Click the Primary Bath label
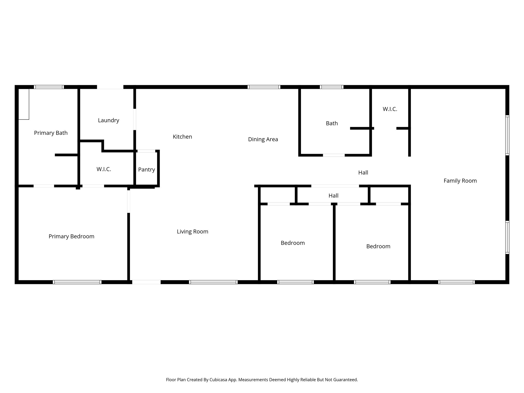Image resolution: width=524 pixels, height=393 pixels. [x=51, y=133]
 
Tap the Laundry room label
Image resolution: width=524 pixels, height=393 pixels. [x=108, y=120]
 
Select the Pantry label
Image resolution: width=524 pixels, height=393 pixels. [x=146, y=169]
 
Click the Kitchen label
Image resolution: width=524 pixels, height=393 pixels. [x=182, y=137]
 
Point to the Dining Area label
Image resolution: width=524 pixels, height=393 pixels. [x=263, y=139]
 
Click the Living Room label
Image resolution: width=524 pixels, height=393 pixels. [x=192, y=232]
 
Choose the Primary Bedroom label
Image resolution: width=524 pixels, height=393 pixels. [x=71, y=236]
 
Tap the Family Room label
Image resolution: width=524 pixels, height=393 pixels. [x=460, y=181]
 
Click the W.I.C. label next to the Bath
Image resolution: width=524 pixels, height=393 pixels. [x=390, y=109]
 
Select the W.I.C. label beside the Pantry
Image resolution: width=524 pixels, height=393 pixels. [x=104, y=169]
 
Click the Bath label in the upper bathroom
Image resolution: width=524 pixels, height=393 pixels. [x=332, y=123]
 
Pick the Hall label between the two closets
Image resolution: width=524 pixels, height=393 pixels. [x=333, y=196]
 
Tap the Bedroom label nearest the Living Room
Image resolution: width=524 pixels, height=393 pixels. [x=293, y=243]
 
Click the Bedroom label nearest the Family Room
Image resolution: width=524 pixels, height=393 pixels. [x=378, y=246]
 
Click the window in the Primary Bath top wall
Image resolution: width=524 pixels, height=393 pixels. [x=49, y=87]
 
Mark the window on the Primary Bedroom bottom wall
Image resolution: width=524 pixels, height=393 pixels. [x=77, y=282]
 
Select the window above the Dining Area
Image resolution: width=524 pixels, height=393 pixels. [x=264, y=87]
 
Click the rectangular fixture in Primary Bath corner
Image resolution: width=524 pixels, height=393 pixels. [x=24, y=104]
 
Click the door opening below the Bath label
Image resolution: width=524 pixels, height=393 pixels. [x=334, y=155]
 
